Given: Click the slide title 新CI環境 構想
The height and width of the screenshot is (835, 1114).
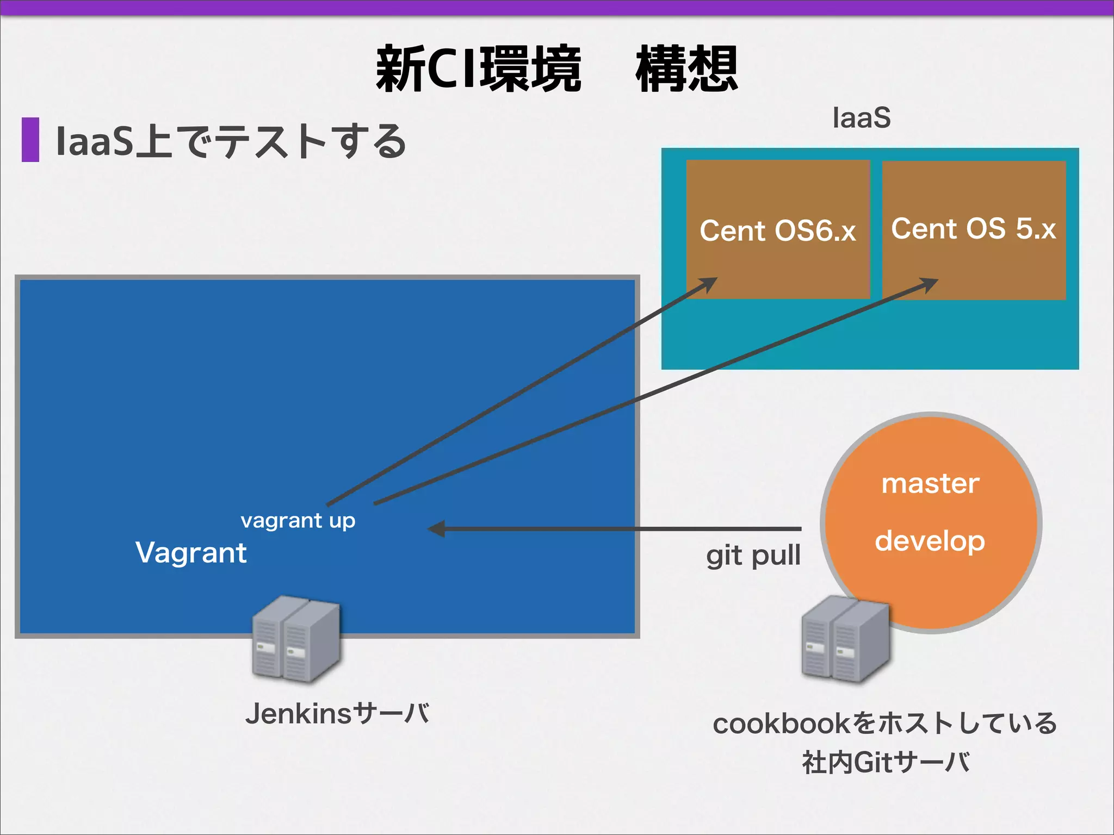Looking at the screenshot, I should click(557, 69).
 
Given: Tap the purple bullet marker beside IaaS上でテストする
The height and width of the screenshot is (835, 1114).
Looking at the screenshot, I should click(30, 140).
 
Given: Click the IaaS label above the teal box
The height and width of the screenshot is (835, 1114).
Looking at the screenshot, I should click(862, 118).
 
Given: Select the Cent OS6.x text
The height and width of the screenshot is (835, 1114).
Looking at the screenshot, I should click(778, 230).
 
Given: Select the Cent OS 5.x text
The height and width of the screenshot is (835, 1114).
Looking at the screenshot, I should click(973, 228).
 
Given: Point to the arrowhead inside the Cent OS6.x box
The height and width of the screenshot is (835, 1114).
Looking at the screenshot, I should click(709, 283).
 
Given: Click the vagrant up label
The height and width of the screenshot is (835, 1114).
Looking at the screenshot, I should click(298, 521).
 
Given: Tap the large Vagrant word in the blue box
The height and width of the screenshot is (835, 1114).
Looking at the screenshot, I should click(191, 553).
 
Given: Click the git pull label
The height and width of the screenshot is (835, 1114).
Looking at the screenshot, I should click(753, 556).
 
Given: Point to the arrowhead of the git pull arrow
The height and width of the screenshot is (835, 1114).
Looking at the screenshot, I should click(437, 528).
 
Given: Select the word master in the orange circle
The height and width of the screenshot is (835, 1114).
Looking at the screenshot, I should click(930, 483).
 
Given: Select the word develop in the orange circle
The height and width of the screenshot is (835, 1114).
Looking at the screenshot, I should click(930, 541).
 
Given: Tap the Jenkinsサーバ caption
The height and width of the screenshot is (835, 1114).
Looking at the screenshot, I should click(337, 714).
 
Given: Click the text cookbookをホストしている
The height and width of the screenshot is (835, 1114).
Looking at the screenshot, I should click(885, 724).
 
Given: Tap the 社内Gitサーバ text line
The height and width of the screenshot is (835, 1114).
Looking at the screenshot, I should click(886, 762).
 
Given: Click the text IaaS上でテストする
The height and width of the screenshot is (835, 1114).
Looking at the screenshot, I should click(231, 141).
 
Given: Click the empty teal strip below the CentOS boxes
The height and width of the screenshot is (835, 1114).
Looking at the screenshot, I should click(870, 334).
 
